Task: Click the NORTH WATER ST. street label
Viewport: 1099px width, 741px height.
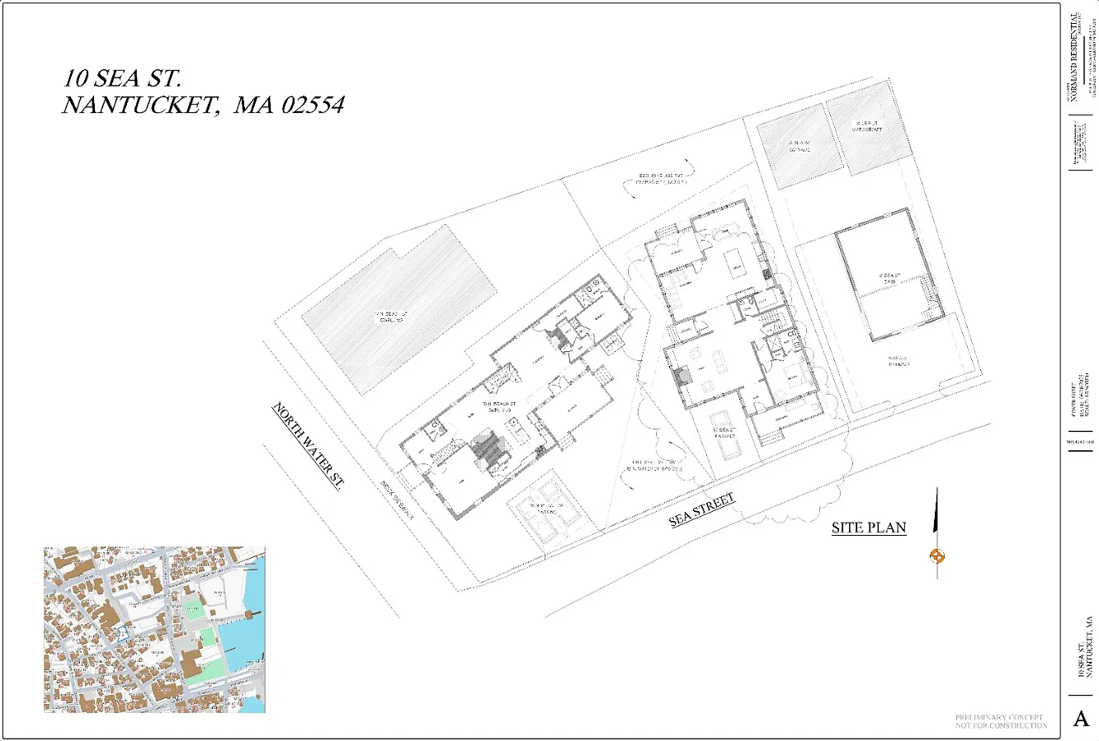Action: [x=308, y=446]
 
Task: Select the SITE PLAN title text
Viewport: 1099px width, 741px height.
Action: [x=869, y=528]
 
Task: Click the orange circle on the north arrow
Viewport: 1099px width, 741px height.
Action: [x=936, y=556]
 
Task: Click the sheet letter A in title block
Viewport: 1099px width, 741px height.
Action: [x=1081, y=719]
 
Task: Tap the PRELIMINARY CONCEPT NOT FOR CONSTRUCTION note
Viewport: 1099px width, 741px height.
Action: [x=1001, y=721]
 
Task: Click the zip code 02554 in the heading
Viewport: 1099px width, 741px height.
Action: [x=313, y=106]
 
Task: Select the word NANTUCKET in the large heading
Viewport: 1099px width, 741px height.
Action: [x=137, y=106]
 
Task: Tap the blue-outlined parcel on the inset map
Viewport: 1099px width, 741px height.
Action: [x=122, y=634]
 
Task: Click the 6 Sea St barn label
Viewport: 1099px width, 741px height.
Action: [x=888, y=279]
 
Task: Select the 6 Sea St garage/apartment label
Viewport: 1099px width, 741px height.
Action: [x=867, y=127]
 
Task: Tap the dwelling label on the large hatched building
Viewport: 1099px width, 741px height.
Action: [x=391, y=317]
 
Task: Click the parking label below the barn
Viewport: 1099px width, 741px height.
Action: [x=899, y=361]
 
